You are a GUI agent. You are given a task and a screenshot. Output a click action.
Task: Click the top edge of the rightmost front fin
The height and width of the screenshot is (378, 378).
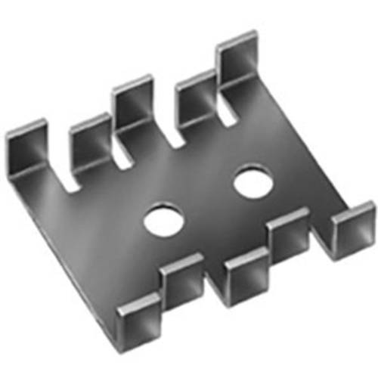353,208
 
